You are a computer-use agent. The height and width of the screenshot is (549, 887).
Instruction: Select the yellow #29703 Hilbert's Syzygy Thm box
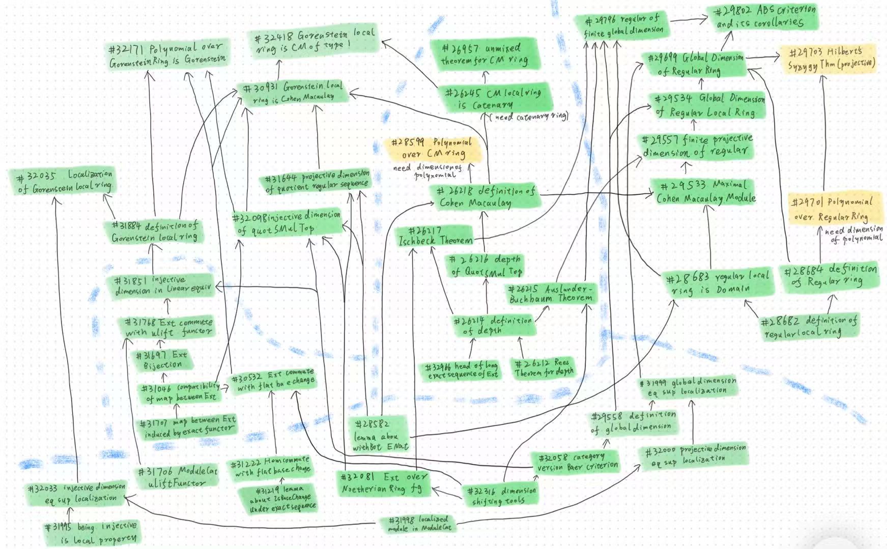click(x=831, y=59)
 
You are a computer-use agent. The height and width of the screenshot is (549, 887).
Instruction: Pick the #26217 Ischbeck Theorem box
click(x=435, y=237)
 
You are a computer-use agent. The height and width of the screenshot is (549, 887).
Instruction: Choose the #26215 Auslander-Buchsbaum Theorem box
click(x=551, y=294)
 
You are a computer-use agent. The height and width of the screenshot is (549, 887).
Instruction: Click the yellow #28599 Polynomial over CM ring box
click(x=433, y=148)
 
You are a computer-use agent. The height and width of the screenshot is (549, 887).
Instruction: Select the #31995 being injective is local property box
click(x=92, y=532)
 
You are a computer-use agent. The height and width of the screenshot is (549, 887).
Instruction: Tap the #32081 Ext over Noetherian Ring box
click(x=384, y=483)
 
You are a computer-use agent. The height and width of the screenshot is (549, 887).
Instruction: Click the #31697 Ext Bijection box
click(x=162, y=360)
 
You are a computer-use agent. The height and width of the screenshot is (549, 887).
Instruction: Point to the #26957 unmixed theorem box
click(x=483, y=54)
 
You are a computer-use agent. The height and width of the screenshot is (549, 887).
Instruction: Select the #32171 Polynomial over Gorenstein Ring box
click(x=167, y=55)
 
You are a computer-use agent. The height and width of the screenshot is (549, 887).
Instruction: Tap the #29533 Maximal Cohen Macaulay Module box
click(x=705, y=191)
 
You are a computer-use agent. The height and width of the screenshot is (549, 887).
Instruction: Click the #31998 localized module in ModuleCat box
click(x=419, y=524)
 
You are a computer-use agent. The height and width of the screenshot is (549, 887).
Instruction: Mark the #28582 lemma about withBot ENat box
click(x=380, y=435)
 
